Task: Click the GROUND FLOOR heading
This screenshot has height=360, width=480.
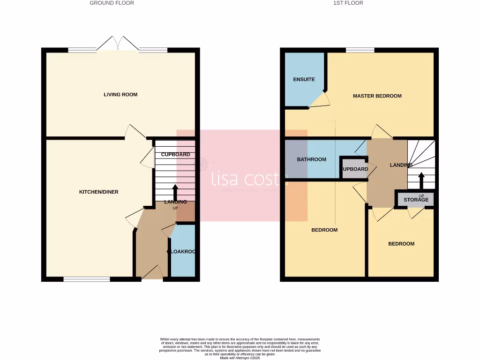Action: [112, 3]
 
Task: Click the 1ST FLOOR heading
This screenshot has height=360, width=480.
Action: [348, 3]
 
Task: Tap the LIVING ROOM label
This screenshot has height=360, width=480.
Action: [120, 95]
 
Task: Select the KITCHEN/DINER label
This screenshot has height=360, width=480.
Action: [98, 192]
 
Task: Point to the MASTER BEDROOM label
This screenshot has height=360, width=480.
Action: [377, 96]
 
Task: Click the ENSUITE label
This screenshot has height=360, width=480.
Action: [304, 80]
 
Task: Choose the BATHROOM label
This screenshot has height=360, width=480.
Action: [311, 159]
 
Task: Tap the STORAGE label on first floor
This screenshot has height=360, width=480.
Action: [416, 200]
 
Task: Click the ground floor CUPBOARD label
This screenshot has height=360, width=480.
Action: [175, 154]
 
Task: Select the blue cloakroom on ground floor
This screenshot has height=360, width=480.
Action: [182, 252]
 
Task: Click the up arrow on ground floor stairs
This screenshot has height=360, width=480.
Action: [175, 192]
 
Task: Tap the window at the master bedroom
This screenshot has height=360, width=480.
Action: [360, 50]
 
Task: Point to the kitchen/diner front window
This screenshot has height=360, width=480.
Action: [87, 279]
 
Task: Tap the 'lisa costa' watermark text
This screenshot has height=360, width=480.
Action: [248, 179]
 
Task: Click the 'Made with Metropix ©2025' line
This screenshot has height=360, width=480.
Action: [240, 358]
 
